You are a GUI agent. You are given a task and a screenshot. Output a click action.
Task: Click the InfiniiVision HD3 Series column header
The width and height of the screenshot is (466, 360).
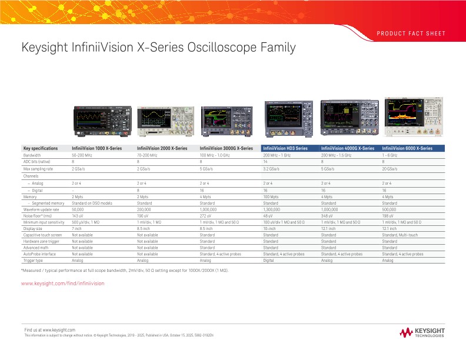(x=285, y=148)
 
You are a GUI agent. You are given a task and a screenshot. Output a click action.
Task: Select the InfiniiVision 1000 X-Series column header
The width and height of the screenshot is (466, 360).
(x=96, y=148)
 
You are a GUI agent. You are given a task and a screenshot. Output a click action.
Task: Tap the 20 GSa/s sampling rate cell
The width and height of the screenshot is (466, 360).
(x=390, y=169)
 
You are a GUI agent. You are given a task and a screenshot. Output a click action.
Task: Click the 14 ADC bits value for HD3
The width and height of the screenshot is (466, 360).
(x=265, y=162)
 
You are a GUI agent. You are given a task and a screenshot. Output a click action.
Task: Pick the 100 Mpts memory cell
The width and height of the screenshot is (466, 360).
(x=271, y=196)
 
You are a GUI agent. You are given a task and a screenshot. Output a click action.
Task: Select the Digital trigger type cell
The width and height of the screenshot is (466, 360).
(x=269, y=260)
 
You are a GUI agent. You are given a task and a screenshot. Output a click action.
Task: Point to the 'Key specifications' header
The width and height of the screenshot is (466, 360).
(x=40, y=148)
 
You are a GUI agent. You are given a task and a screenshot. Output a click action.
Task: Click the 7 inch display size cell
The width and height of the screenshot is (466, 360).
(x=76, y=228)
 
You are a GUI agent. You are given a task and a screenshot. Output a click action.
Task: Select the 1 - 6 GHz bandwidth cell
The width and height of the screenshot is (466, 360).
(x=391, y=155)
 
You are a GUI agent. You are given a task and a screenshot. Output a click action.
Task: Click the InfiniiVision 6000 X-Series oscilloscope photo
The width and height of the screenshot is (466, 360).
(x=412, y=114)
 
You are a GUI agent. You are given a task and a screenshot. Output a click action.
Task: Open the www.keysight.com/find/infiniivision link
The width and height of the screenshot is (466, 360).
(x=62, y=283)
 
